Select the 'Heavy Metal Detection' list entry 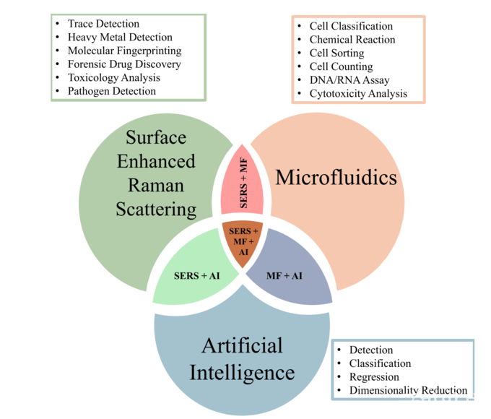click(x=120, y=38)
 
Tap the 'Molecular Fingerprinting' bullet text click(x=124, y=51)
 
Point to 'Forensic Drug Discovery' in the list click(x=124, y=64)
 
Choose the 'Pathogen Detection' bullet click(x=112, y=91)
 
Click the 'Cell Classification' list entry click(x=351, y=27)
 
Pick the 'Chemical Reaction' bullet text click(x=352, y=40)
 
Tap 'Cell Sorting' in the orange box click(x=336, y=53)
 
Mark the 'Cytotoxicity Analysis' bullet click(x=358, y=93)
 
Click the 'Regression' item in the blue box click(x=374, y=377)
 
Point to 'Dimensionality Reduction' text click(x=408, y=391)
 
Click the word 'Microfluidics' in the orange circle click(x=337, y=176)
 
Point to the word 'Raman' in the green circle click(x=156, y=185)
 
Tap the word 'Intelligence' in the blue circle click(x=242, y=373)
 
